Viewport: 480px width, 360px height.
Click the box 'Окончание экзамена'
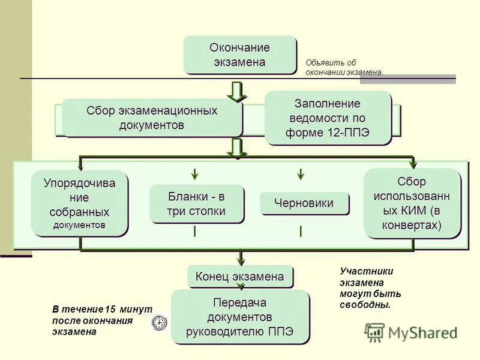tap(240, 55)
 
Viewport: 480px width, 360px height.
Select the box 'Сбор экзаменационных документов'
tap(152, 118)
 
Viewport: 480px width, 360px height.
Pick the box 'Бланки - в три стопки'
tap(197, 204)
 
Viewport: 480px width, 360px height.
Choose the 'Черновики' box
tap(304, 203)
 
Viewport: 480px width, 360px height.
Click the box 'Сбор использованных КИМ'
tap(412, 203)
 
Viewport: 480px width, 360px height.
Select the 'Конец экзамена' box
tap(240, 277)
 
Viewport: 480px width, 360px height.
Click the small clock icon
tap(159, 322)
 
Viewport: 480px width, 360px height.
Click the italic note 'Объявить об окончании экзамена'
tap(343, 67)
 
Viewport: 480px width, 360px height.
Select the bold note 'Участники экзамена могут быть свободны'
tap(370, 288)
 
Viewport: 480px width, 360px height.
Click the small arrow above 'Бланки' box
tap(195, 174)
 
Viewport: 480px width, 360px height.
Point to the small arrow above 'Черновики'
tap(301, 174)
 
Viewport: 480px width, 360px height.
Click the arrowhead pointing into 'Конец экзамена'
tap(240, 260)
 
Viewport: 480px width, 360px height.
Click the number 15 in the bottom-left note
tap(110, 310)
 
